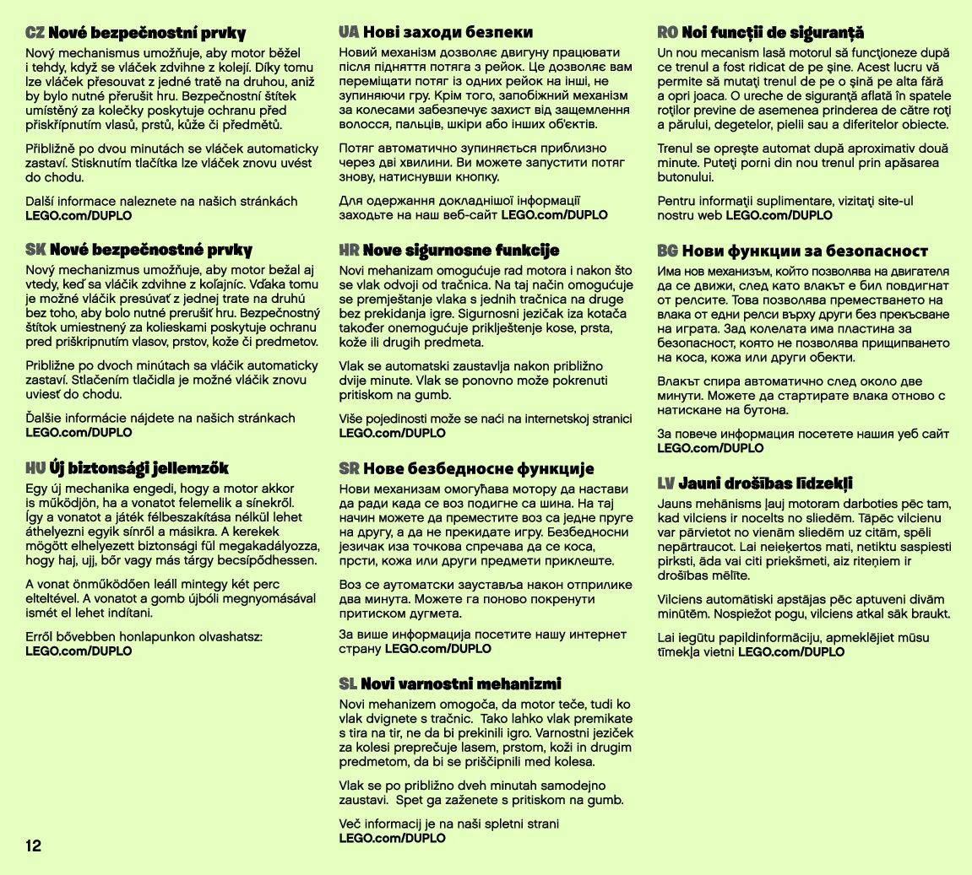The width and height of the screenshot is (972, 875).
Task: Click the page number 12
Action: click(x=33, y=846)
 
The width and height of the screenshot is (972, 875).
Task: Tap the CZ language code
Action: click(x=35, y=33)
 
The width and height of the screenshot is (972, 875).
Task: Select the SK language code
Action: click(x=35, y=250)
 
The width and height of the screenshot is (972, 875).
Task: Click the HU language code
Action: click(x=35, y=467)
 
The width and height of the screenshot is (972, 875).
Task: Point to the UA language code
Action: click(x=349, y=32)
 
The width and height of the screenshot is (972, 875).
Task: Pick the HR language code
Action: click(x=349, y=251)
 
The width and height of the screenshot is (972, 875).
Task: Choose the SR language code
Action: click(x=349, y=468)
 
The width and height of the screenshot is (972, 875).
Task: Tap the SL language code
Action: click(x=348, y=683)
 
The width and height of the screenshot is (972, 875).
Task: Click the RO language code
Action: click(x=668, y=32)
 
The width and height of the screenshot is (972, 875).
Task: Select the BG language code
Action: click(x=668, y=251)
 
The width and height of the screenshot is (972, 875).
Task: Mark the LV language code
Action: click(x=666, y=483)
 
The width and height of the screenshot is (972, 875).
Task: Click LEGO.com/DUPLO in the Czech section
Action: click(x=79, y=215)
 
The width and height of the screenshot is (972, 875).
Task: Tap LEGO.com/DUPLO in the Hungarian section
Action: click(x=79, y=651)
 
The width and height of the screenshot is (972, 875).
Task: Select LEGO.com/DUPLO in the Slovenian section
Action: click(x=392, y=838)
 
